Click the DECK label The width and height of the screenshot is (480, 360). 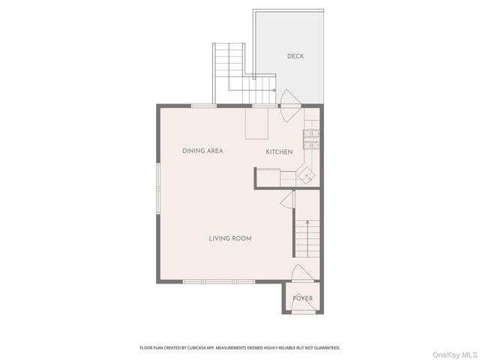pyautogui.click(x=295, y=56)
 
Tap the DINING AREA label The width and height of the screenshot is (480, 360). pyautogui.click(x=202, y=151)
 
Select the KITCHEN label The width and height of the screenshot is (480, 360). pyautogui.click(x=279, y=152)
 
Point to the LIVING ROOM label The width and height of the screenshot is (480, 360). pyautogui.click(x=229, y=238)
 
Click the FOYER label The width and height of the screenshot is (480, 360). pyautogui.click(x=302, y=298)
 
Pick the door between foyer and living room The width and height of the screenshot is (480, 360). pyautogui.click(x=300, y=273)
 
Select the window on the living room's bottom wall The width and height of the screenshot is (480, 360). pyautogui.click(x=219, y=282)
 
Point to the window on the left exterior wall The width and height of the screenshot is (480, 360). pyautogui.click(x=157, y=188)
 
